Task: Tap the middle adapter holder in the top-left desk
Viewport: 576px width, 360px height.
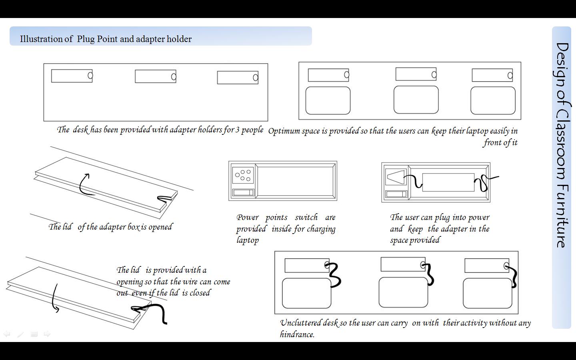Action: coord(155,76)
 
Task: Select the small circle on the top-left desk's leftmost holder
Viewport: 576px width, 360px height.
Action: coord(90,75)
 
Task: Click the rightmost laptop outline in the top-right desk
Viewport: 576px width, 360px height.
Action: coord(493,100)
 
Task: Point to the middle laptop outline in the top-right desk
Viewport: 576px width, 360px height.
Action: coord(416,100)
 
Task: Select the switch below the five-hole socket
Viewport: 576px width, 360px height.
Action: coord(243,192)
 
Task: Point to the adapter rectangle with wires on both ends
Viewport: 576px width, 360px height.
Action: coord(448,182)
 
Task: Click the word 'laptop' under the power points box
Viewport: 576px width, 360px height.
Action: coord(248,240)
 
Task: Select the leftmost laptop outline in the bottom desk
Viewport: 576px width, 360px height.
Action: coord(306,293)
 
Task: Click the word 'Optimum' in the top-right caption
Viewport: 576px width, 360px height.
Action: coord(284,131)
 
